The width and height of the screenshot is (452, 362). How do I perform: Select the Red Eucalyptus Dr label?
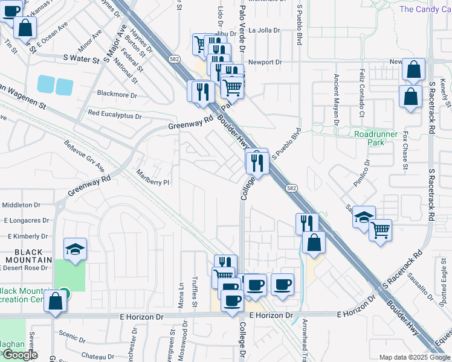(x=115, y=113)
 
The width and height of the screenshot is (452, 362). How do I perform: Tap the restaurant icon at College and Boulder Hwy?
(x=257, y=162)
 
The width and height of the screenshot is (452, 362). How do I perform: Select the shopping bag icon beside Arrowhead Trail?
(x=314, y=243)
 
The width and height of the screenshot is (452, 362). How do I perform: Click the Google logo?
(x=19, y=355)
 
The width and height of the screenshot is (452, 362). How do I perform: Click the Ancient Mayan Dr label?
(x=336, y=97)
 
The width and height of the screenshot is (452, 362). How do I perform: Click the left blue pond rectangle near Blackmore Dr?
(x=45, y=84)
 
